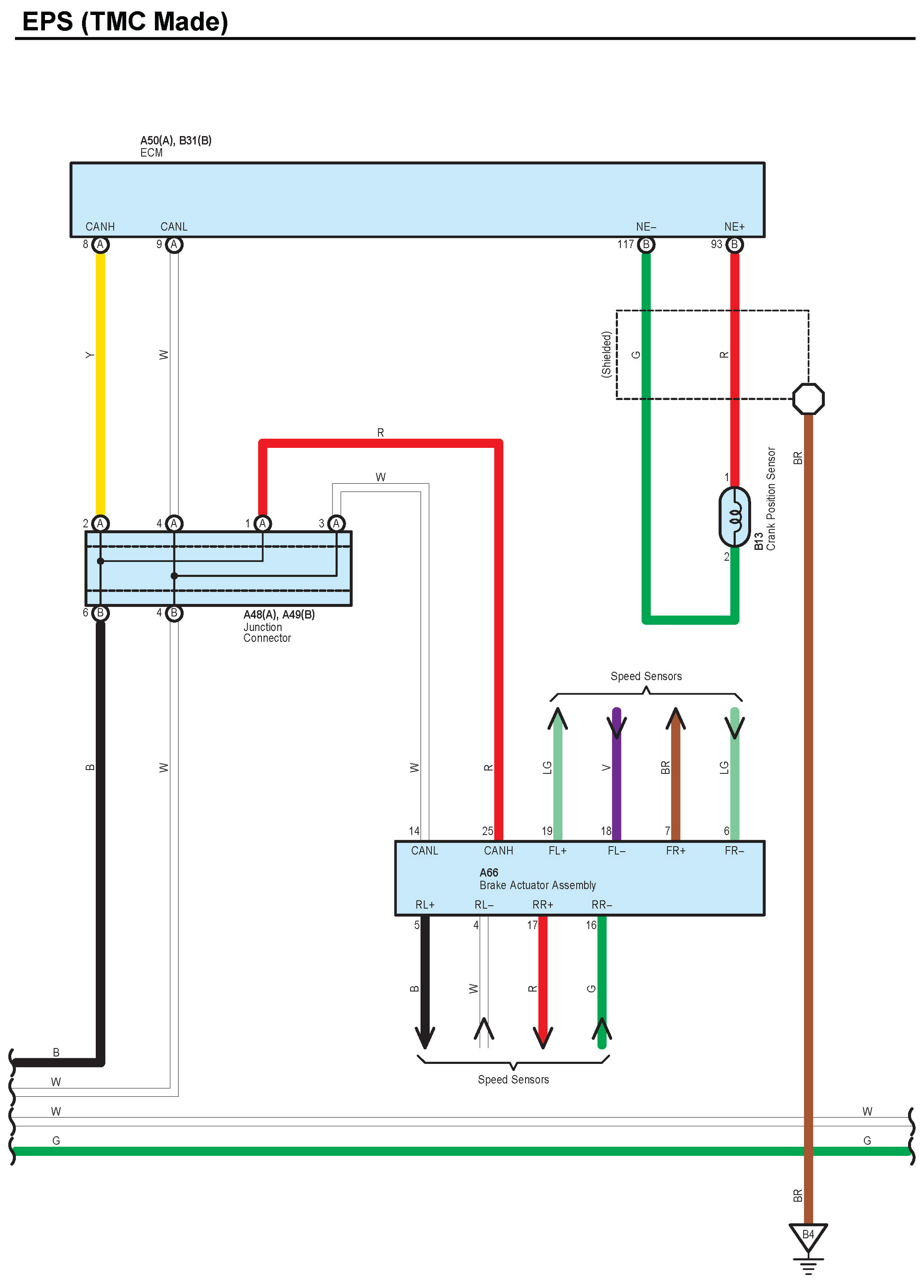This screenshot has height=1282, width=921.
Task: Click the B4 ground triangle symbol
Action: point(808,1236)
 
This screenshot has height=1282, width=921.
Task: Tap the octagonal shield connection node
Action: point(808,399)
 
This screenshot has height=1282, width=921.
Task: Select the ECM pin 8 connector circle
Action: point(101,245)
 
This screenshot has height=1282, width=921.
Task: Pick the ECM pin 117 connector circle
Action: point(646,245)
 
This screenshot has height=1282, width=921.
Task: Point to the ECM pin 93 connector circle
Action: point(734,245)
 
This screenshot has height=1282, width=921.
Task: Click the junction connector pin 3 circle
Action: point(336,524)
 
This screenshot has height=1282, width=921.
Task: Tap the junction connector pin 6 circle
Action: point(101,613)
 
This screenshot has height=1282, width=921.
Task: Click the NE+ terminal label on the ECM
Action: point(734,227)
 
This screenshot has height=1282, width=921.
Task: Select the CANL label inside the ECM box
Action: point(174,227)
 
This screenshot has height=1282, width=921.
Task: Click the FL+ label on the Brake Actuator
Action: point(558,851)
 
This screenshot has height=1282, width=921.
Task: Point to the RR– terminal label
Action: point(602,905)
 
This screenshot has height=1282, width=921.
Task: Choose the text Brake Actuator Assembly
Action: point(537,885)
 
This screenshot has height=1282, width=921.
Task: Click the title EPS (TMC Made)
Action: point(125,21)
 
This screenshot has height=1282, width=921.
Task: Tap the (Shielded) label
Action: point(606,355)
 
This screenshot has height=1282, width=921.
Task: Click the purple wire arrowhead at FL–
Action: point(616,725)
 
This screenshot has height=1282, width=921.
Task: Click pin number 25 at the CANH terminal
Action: point(487,831)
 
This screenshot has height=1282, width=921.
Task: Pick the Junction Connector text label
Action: point(267,633)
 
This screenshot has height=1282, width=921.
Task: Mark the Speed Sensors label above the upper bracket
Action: point(646,676)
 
